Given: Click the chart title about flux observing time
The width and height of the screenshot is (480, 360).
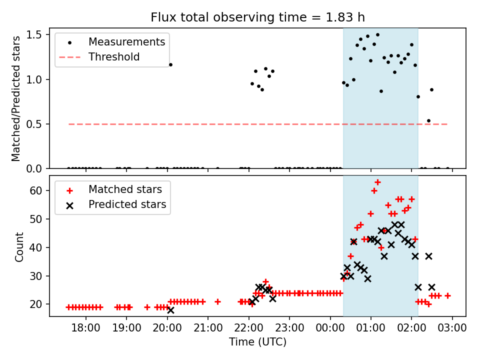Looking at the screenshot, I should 257,17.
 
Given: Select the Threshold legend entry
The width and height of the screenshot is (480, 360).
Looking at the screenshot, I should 114,57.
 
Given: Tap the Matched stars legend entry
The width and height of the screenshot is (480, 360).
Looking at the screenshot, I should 124,189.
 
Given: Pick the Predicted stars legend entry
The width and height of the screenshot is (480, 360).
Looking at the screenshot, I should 127,204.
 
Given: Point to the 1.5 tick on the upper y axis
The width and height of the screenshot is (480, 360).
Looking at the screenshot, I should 38,34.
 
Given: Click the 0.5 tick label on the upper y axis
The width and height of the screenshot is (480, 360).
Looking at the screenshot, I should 38,124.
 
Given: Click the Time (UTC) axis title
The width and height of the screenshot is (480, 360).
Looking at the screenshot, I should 257,342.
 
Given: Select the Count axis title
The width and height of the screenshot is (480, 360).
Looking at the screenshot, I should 19,246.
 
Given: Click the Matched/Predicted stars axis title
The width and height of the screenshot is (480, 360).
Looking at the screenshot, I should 16,98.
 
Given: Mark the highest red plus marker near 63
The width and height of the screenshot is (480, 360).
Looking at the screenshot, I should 377,182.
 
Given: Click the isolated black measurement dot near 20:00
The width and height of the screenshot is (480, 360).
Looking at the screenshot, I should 170,64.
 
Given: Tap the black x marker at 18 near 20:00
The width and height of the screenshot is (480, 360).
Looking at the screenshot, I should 170,310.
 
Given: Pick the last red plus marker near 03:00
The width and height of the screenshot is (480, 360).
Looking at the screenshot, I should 447,295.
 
